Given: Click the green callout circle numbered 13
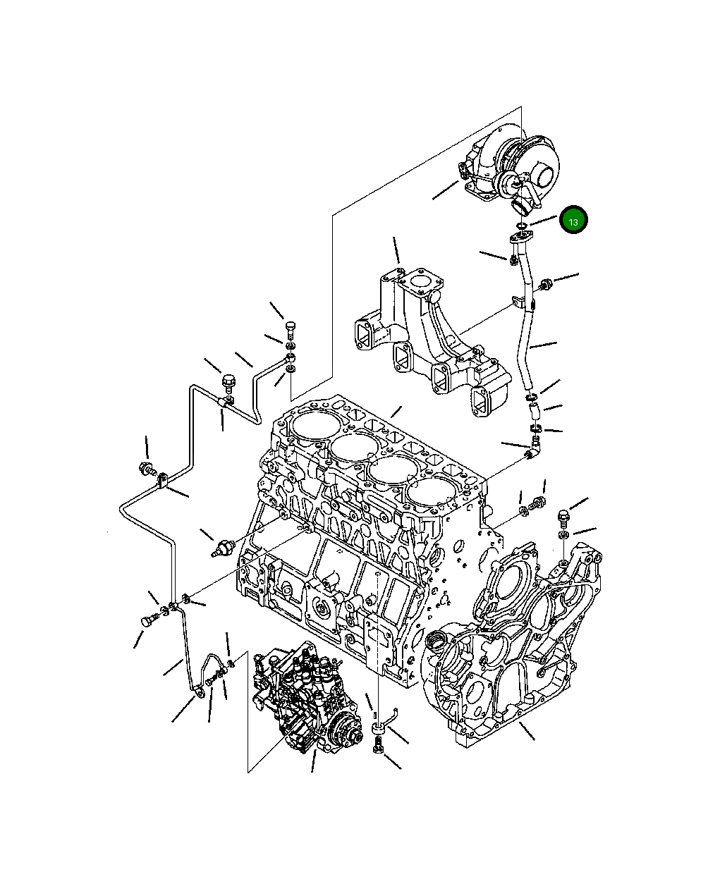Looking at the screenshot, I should coord(573,221).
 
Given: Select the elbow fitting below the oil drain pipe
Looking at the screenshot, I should coord(535,447).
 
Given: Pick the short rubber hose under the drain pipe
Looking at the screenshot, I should coord(534,405).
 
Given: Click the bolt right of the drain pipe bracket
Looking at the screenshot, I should coord(544,285).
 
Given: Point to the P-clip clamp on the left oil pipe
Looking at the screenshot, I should coord(162,480).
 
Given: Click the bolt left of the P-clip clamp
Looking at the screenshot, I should coord(147,467).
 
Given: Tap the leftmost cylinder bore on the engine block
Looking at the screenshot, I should coord(307,427).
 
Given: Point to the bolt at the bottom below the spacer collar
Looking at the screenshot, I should coord(378,745).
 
